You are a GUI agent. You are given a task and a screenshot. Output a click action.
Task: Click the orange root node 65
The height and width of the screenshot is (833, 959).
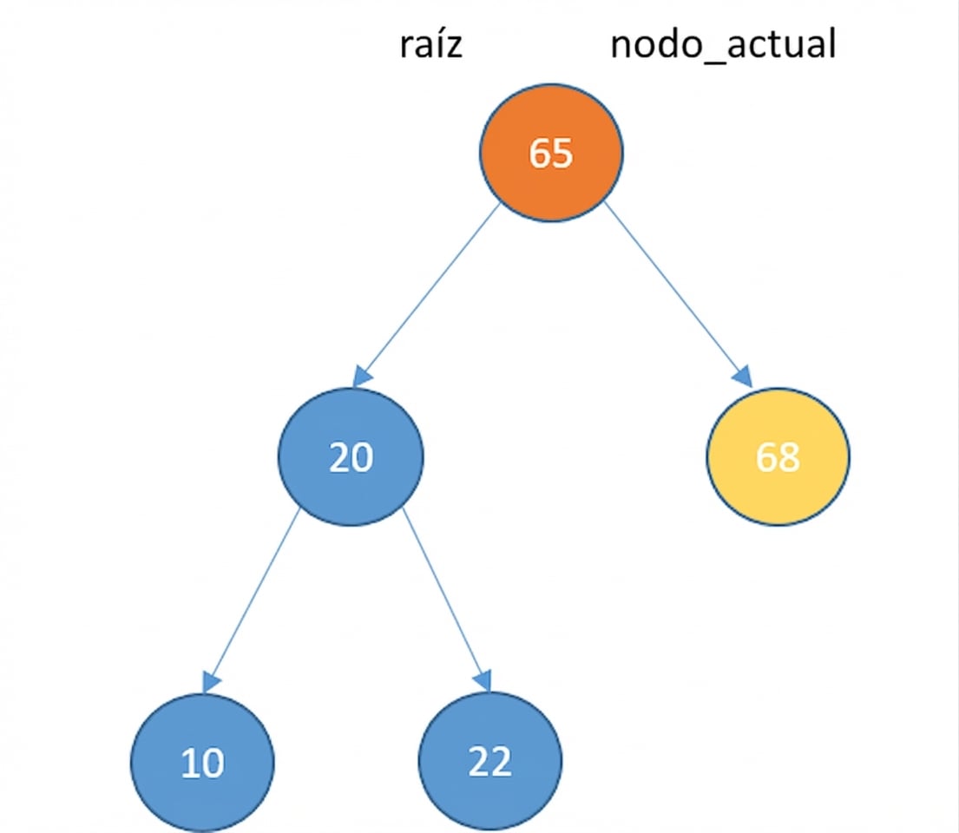pyautogui.click(x=551, y=152)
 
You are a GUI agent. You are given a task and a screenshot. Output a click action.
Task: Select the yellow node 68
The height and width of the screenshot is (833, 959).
pyautogui.click(x=778, y=456)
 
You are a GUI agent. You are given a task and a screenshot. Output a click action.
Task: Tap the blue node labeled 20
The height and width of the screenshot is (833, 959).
pyautogui.click(x=351, y=456)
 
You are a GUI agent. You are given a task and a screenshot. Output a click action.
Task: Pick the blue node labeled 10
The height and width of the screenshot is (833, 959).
pyautogui.click(x=202, y=762)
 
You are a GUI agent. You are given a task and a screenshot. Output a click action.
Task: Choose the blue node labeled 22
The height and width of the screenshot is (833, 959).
pyautogui.click(x=490, y=762)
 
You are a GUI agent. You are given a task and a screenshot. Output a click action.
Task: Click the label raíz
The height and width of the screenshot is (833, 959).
pyautogui.click(x=430, y=45)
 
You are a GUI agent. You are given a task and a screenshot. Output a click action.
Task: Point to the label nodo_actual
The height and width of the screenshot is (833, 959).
pyautogui.click(x=723, y=45)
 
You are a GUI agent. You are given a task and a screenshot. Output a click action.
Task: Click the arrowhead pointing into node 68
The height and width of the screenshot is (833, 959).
pyautogui.click(x=742, y=377)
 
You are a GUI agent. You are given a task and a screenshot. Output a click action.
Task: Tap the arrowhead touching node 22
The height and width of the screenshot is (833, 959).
pyautogui.click(x=483, y=681)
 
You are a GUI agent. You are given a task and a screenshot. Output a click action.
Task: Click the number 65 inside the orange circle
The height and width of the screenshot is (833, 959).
pyautogui.click(x=551, y=153)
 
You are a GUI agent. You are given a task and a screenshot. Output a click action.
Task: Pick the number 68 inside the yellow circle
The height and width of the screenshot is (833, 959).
pyautogui.click(x=778, y=457)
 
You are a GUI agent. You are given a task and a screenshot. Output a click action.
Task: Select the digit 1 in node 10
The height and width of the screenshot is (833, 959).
pyautogui.click(x=191, y=764)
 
